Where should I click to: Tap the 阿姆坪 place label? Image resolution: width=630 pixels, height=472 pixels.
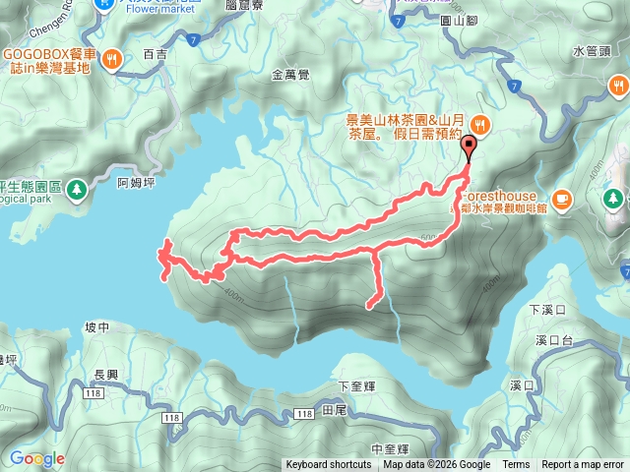(135, 183)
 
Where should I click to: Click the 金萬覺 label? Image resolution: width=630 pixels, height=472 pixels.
(289, 74)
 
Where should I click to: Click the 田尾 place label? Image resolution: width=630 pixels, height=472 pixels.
(334, 412)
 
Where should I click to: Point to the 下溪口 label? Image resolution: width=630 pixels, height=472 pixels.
(547, 311)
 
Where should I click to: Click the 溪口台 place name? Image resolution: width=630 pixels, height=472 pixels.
(554, 341)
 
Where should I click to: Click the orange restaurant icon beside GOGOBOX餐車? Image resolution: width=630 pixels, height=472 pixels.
(114, 58)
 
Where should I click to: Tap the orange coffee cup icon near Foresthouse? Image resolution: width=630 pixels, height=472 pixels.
(561, 199)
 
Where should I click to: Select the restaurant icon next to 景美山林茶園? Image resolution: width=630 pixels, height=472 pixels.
(479, 124)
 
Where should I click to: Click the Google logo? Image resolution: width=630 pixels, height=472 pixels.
(37, 458)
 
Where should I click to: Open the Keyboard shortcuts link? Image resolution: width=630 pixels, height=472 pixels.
(329, 465)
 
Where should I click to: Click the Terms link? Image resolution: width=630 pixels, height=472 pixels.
(516, 465)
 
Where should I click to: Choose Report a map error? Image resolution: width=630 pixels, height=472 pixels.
(583, 465)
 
